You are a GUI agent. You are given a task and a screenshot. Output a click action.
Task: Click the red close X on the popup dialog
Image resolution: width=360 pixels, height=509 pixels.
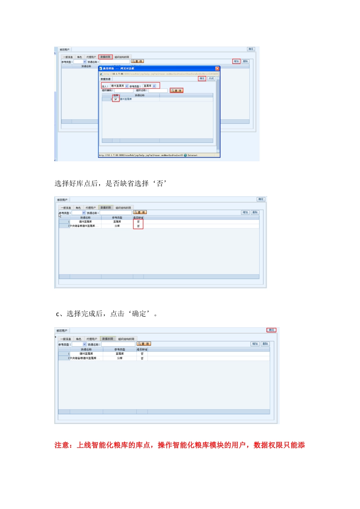217,69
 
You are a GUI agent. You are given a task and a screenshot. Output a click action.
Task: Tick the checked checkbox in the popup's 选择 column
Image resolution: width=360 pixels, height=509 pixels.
116,99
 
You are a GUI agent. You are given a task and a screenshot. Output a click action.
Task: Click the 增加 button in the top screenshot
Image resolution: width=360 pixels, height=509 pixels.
236,61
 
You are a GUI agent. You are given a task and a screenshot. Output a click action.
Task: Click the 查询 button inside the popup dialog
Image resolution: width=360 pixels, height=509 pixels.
177,91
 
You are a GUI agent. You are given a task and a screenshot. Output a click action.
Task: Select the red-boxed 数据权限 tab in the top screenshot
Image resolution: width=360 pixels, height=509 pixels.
105,57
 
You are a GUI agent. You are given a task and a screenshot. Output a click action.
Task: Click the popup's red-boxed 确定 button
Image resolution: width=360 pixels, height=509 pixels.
202,78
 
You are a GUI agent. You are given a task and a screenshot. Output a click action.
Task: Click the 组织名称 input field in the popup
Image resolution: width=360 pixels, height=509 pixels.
158,91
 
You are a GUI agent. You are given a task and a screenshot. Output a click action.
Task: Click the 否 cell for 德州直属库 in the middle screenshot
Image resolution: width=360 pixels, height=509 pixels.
138,222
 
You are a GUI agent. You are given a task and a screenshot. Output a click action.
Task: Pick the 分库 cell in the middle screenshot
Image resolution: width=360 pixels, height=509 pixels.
117,226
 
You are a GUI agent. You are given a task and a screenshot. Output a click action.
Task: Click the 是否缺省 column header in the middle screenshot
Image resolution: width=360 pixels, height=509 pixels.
138,218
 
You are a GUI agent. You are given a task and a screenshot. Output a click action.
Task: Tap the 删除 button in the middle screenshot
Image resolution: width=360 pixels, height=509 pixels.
255,212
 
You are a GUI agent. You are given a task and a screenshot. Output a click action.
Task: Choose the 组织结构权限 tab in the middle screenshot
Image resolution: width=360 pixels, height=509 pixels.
123,208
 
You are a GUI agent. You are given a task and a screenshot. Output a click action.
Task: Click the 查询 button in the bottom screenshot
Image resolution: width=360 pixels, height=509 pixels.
144,344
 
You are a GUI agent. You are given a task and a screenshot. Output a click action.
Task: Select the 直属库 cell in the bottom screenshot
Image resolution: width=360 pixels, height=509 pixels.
120,354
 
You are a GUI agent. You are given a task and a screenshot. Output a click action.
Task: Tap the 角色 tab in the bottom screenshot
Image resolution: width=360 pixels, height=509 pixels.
78,339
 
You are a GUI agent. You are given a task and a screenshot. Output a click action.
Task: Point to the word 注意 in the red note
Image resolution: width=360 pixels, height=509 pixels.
62,445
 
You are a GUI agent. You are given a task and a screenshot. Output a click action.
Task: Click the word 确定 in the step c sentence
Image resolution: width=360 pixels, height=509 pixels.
139,314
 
